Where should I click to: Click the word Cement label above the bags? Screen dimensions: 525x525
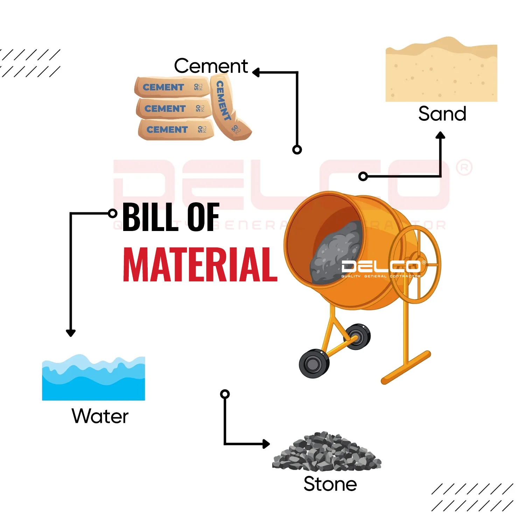(x=211, y=66)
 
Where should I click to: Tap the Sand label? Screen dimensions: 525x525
(x=442, y=114)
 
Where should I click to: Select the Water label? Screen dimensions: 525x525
(x=100, y=416)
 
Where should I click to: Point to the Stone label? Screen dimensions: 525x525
(x=330, y=484)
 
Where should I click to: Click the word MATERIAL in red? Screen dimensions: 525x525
(x=200, y=265)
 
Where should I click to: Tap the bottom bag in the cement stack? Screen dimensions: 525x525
(x=175, y=129)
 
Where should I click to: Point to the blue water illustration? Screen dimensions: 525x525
(x=93, y=380)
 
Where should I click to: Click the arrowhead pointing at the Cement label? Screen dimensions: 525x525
(x=256, y=72)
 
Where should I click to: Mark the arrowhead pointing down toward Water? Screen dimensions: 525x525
(x=71, y=333)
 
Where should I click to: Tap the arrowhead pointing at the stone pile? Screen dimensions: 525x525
(x=266, y=444)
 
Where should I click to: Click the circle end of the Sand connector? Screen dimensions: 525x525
(x=363, y=176)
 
